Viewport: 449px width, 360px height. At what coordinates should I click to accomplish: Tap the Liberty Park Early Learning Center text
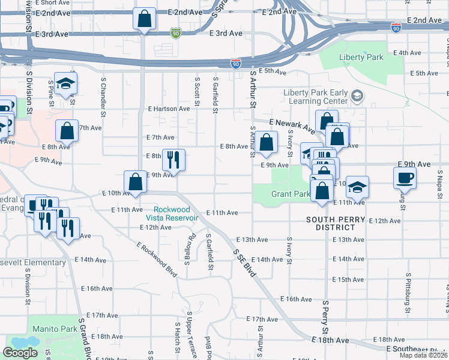coord(315,97)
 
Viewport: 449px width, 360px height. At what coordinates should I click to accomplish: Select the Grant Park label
coord(291,194)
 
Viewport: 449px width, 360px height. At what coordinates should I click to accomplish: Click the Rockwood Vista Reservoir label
coord(175,214)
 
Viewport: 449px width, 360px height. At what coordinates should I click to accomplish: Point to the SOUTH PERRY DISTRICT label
coord(335,223)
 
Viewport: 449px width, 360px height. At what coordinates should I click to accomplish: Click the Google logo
coord(20,352)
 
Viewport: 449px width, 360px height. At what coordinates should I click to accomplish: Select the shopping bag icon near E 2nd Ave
coord(145,19)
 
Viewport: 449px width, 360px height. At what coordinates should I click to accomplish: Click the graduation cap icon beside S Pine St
coord(66,84)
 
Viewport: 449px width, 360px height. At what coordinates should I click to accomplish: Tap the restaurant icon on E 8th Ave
coord(173,159)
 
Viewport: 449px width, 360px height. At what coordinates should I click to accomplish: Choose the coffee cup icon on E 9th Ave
coord(404,177)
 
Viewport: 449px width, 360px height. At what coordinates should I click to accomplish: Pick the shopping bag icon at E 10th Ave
coord(135,181)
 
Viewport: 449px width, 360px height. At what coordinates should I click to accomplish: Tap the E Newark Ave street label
coord(292,126)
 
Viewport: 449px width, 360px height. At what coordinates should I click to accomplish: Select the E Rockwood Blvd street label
coord(157,260)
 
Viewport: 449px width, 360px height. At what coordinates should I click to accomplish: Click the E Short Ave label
coord(53,2)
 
